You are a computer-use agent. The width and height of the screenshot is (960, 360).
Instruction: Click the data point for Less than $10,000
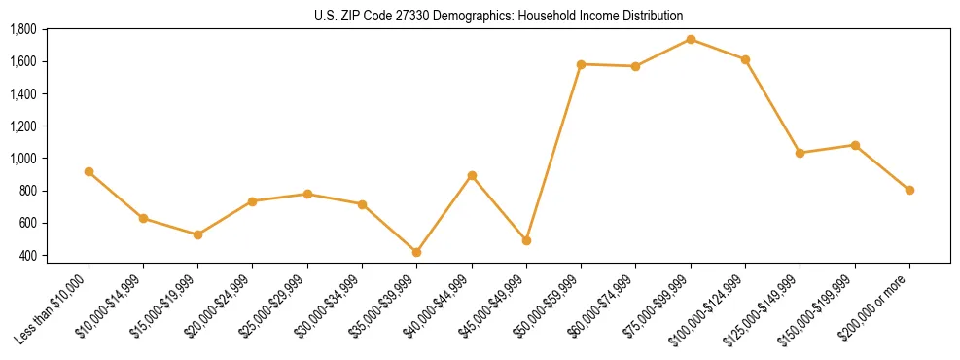click(x=89, y=171)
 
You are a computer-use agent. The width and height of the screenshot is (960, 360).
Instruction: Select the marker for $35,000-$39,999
click(x=416, y=252)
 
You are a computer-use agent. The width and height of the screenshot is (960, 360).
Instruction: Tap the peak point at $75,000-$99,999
click(x=691, y=39)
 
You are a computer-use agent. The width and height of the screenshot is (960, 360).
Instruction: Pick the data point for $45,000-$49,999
click(x=526, y=240)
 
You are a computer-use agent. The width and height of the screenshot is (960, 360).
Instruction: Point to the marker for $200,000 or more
click(x=909, y=190)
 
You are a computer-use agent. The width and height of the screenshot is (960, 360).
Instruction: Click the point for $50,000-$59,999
click(x=581, y=64)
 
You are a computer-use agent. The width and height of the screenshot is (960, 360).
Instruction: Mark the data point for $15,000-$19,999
click(x=197, y=234)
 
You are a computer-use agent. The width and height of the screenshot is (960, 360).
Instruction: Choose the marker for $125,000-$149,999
click(x=800, y=153)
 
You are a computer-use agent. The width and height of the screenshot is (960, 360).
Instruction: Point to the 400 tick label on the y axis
click(x=28, y=255)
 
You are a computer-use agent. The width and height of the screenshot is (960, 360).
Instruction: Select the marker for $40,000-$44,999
click(x=472, y=176)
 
